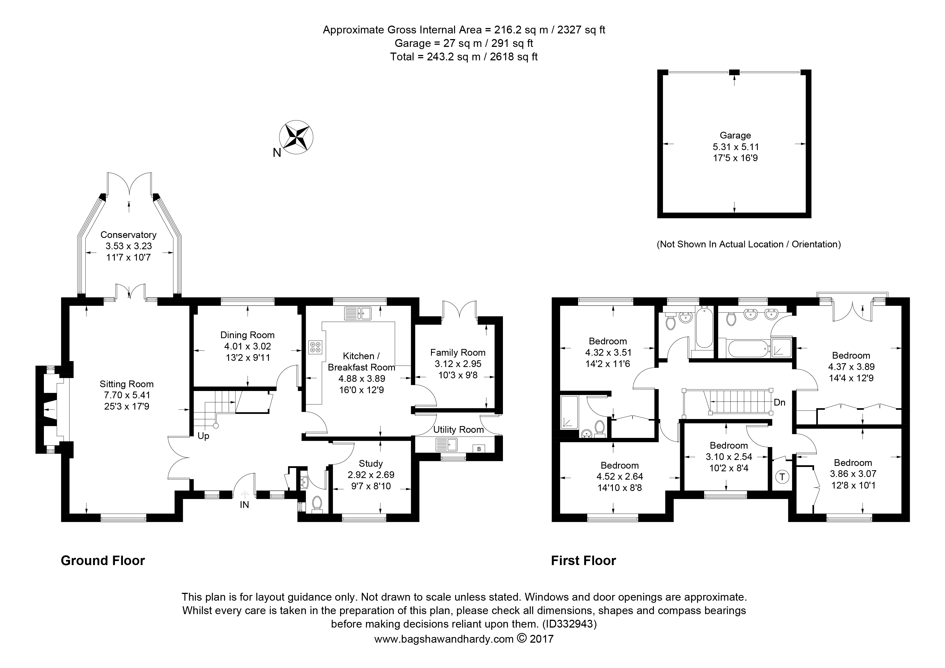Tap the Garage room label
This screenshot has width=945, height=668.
point(735,136)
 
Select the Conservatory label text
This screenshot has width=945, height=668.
point(128,235)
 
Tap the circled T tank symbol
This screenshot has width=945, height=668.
point(782,477)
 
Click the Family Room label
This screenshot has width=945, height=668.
point(458,353)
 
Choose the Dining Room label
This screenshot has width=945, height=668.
point(247,335)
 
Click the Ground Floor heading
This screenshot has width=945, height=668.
point(103,560)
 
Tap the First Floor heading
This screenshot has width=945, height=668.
point(584,560)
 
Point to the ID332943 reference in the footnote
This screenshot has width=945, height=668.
point(570,624)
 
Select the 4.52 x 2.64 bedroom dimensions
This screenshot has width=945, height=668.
point(619,477)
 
